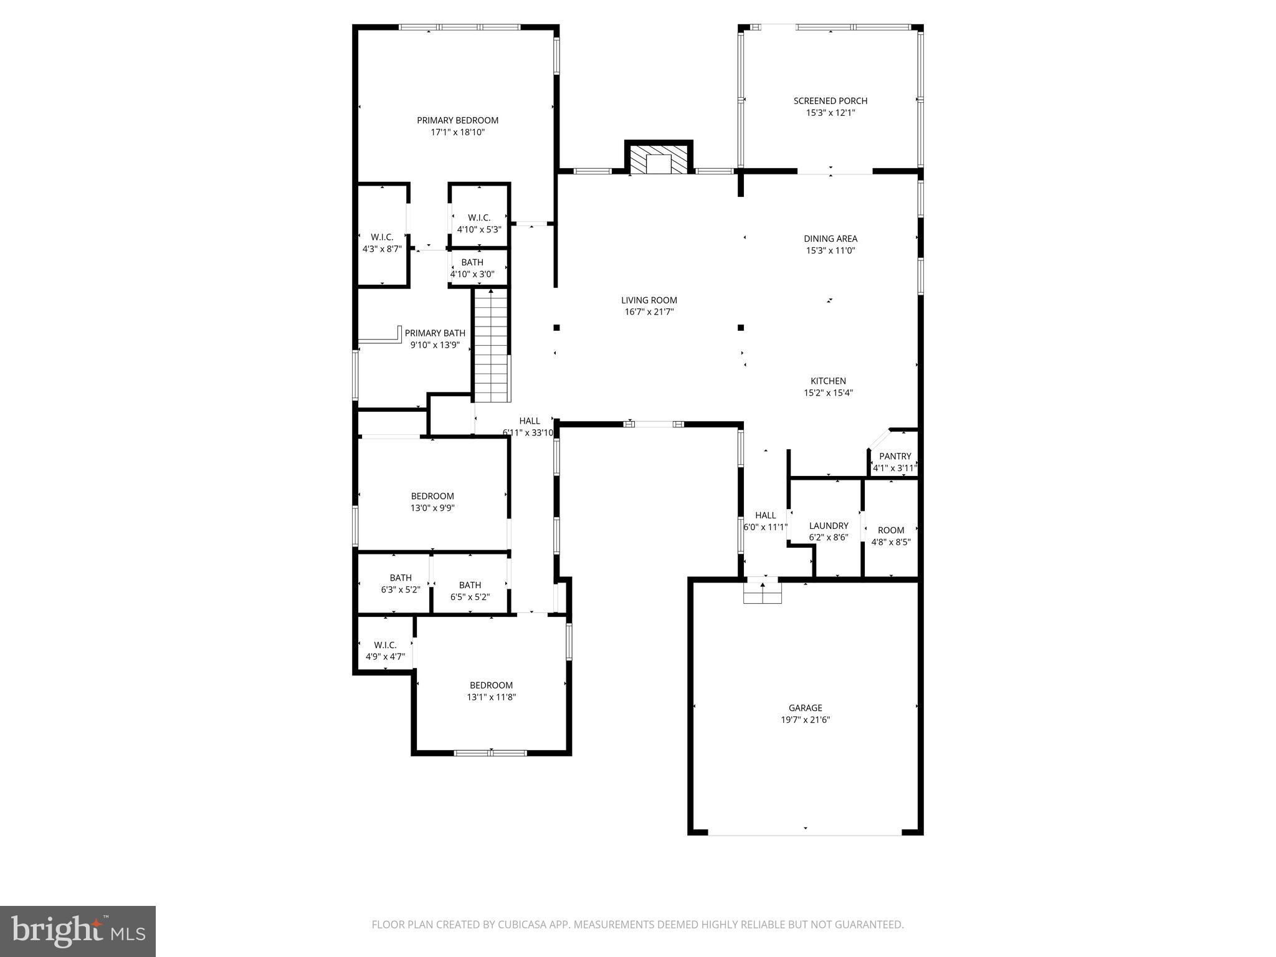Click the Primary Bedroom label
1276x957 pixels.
[x=457, y=120]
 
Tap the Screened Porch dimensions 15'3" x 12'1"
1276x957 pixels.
[x=830, y=113]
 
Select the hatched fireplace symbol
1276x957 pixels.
[x=659, y=159]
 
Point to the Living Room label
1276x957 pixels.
[x=649, y=300]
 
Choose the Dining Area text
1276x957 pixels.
[x=830, y=239]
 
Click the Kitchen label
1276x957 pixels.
[x=828, y=381]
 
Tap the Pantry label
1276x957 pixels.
[x=895, y=456]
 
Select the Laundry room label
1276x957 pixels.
[x=828, y=526]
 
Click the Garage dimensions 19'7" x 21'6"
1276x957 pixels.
[x=805, y=720]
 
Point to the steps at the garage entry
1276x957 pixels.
[x=762, y=591]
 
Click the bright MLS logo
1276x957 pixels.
[x=78, y=931]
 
